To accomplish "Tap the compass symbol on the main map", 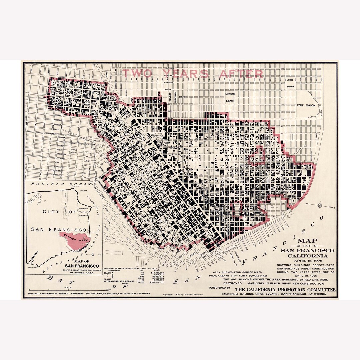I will coord(320,205).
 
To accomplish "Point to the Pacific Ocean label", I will coord(59,184).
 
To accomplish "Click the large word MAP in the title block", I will coord(307,241).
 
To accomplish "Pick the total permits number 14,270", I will coord(141,282).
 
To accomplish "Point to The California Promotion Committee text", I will coord(285,289).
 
